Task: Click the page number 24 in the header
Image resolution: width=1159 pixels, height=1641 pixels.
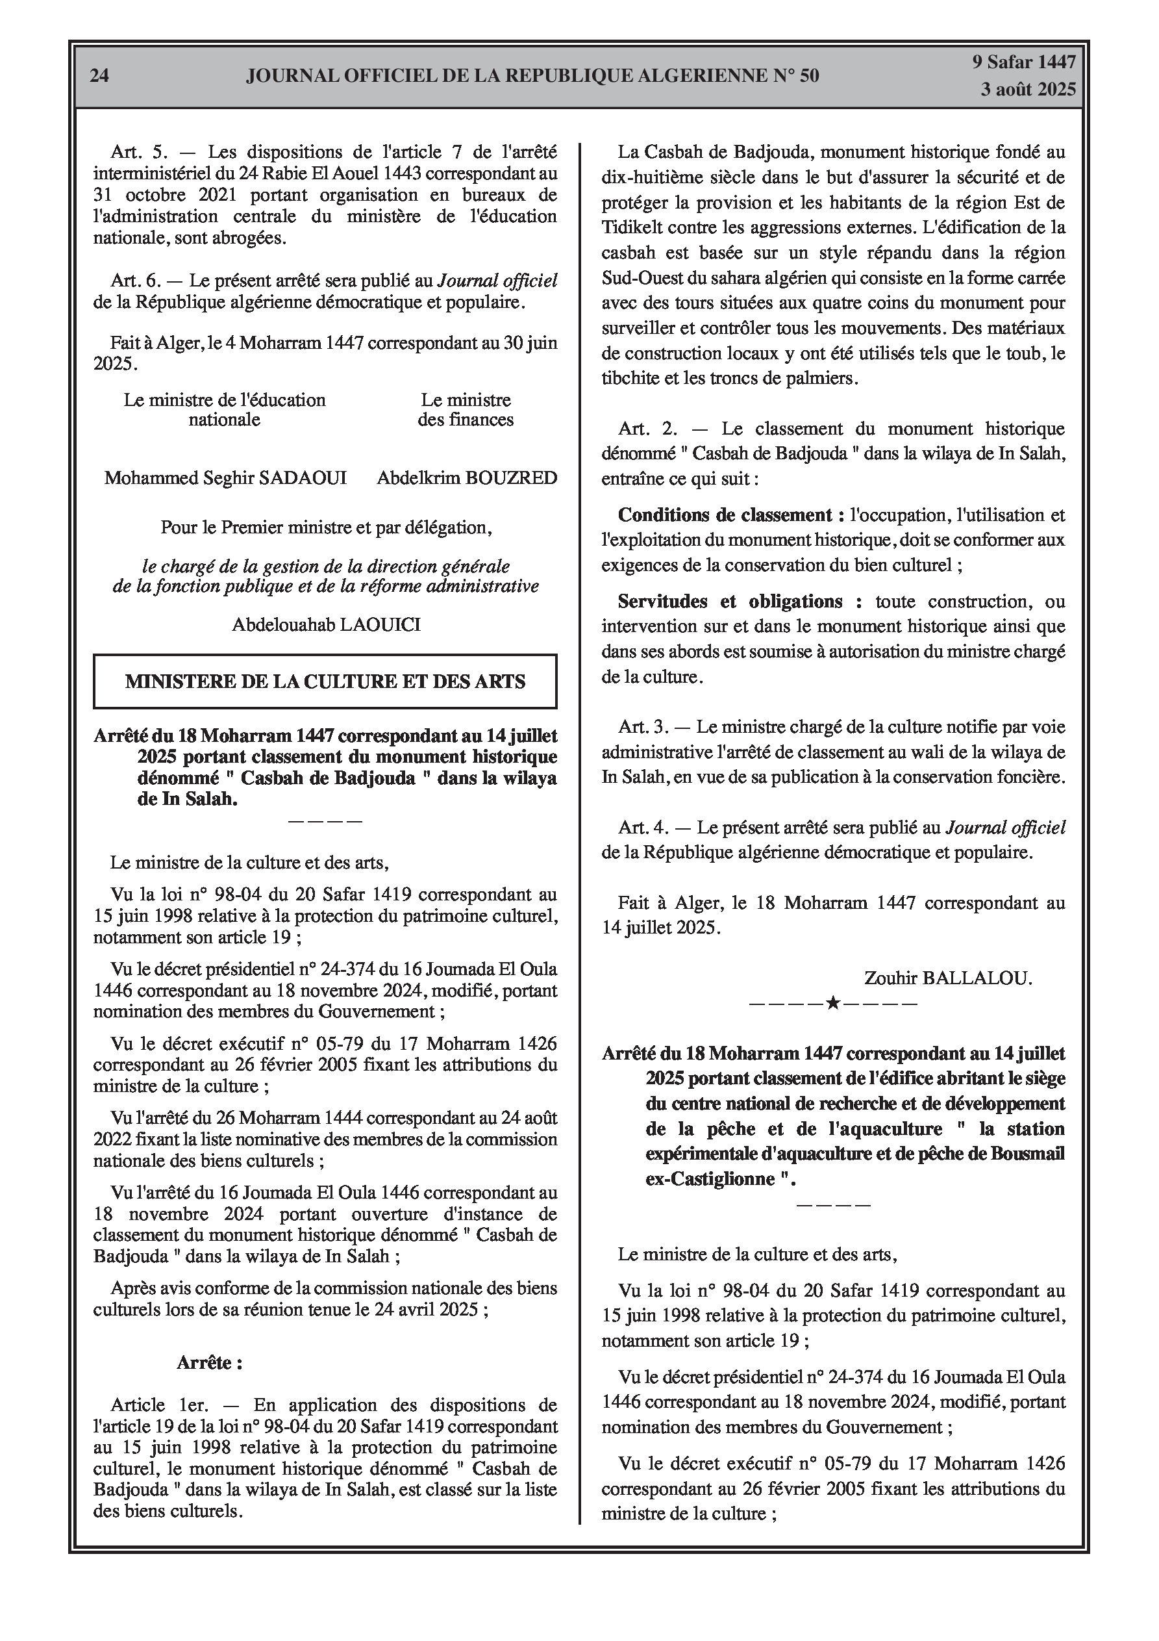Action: (x=99, y=76)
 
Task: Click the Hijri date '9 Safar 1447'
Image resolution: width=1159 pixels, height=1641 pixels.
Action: (x=1023, y=62)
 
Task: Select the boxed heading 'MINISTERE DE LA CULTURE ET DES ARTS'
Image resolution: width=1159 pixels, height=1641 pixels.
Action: (x=325, y=681)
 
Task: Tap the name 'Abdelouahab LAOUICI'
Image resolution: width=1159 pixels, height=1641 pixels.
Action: (x=326, y=625)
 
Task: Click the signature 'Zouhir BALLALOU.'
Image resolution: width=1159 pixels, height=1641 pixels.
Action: (x=947, y=978)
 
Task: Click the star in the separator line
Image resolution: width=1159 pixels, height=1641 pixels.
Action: (x=832, y=1003)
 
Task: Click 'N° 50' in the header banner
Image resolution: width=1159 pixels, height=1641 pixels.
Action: (x=796, y=76)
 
